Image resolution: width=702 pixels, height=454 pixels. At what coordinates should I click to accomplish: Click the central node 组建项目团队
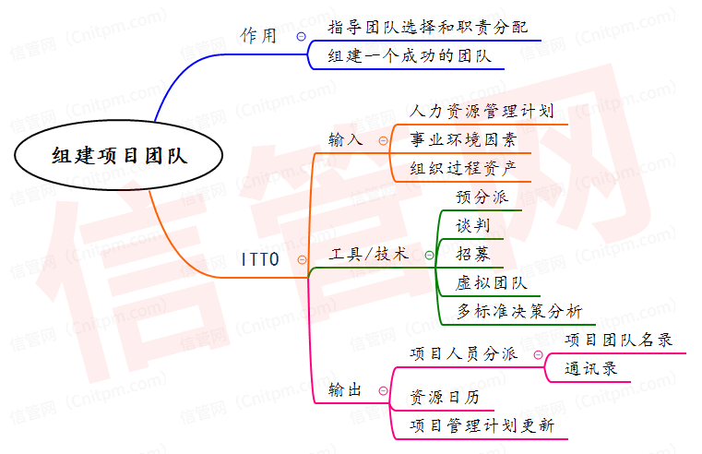[x=119, y=156]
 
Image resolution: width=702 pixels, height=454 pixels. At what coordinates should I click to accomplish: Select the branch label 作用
[x=258, y=36]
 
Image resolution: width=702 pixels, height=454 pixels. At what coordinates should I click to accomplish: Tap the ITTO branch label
[x=259, y=259]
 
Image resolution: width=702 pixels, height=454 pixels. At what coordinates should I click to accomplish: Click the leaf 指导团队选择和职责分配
[x=429, y=27]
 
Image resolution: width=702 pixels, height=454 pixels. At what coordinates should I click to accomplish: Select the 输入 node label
[x=346, y=140]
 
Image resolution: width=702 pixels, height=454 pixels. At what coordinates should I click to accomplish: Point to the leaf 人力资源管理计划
[x=482, y=112]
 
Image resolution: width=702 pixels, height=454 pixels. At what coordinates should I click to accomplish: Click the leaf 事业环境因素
[x=463, y=140]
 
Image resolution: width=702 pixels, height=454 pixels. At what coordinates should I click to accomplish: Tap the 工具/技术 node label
[x=368, y=254]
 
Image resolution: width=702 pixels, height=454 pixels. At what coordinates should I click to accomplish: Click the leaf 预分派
[x=482, y=197]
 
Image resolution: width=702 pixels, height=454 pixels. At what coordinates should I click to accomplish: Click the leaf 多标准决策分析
[x=519, y=311]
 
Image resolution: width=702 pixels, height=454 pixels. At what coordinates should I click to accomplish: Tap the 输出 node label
[x=346, y=390]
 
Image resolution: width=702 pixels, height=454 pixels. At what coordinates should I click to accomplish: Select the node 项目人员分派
[x=462, y=353]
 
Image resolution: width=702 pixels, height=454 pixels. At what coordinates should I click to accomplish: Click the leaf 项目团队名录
[x=618, y=340]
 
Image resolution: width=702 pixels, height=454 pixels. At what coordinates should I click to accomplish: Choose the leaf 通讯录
[x=591, y=368]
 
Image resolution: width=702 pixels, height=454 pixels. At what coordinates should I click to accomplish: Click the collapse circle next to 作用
[x=301, y=36]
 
